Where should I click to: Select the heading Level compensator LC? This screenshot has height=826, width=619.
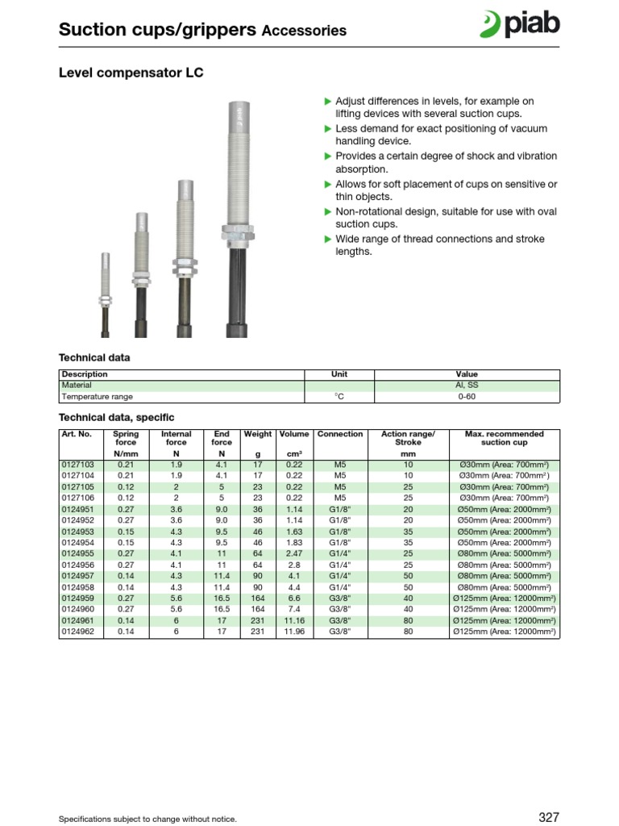(x=131, y=73)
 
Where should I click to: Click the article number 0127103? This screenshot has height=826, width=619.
(x=77, y=465)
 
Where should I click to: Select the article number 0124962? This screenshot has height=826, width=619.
(x=77, y=632)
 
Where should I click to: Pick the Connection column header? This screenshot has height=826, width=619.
(x=340, y=434)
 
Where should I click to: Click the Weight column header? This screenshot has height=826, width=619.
(x=258, y=434)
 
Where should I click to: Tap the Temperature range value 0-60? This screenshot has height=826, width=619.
(x=467, y=397)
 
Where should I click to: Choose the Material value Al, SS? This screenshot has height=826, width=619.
(x=467, y=386)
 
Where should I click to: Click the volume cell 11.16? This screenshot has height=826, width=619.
(x=294, y=621)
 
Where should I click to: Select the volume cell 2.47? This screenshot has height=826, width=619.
(x=294, y=554)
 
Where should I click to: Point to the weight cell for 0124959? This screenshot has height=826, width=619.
(x=258, y=599)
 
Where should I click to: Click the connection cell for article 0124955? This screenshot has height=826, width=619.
(x=340, y=554)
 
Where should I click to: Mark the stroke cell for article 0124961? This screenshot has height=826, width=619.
(x=408, y=621)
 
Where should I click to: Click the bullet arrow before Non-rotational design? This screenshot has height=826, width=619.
(x=328, y=212)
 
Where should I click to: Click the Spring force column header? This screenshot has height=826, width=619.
(x=126, y=438)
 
